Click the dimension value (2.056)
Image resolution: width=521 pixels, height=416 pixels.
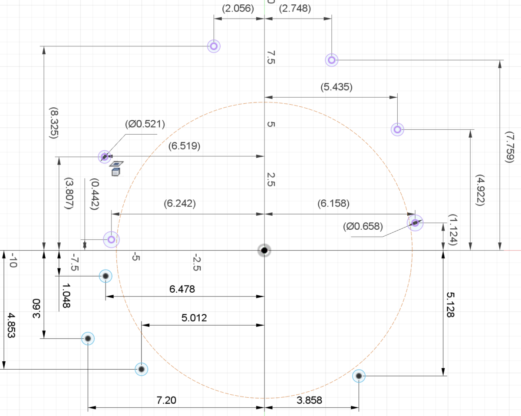click(x=238, y=8)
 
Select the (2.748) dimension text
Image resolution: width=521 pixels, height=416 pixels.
click(x=295, y=8)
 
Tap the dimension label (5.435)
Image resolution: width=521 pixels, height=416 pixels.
click(x=336, y=87)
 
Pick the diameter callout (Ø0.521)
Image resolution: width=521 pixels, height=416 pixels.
click(x=145, y=125)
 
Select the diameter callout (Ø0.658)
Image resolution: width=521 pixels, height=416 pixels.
click(x=363, y=226)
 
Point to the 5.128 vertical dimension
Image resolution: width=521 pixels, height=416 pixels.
click(x=450, y=304)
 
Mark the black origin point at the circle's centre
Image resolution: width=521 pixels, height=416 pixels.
click(x=264, y=250)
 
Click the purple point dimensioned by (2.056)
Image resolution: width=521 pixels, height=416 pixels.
click(x=214, y=46)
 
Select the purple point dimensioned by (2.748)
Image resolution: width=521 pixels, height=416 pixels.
click(x=332, y=60)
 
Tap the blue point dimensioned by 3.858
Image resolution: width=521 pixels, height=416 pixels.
click(x=359, y=376)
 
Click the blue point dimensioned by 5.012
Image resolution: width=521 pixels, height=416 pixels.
click(x=141, y=369)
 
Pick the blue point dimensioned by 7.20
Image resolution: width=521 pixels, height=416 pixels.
click(x=88, y=338)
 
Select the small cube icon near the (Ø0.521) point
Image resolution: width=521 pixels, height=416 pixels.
click(x=115, y=172)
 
